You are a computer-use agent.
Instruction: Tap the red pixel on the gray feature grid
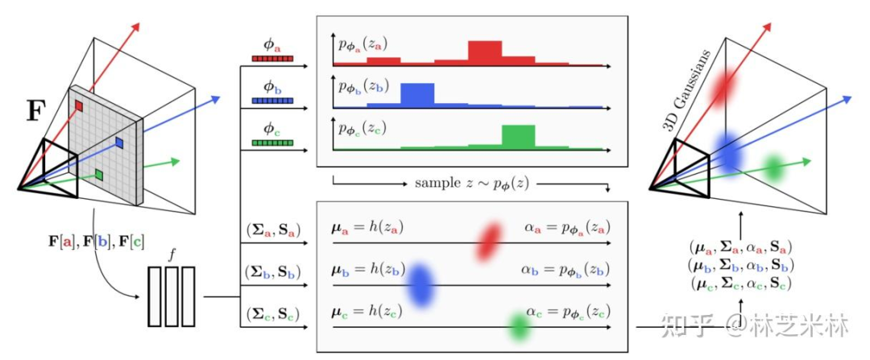tap(79, 105)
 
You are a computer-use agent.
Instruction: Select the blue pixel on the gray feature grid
tap(118, 142)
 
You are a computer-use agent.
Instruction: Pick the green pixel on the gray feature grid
tap(98, 174)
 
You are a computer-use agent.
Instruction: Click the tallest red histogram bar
tap(486, 52)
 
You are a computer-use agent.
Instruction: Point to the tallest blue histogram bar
tap(417, 93)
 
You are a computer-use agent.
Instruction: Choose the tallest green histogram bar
tap(518, 135)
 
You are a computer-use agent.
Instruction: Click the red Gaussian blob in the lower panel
tap(488, 241)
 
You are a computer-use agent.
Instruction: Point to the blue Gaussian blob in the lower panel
tap(420, 283)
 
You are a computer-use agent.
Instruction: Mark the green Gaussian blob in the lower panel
tap(520, 325)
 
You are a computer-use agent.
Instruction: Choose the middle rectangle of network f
tap(171, 296)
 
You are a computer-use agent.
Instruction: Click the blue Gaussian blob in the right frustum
tap(730, 151)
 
